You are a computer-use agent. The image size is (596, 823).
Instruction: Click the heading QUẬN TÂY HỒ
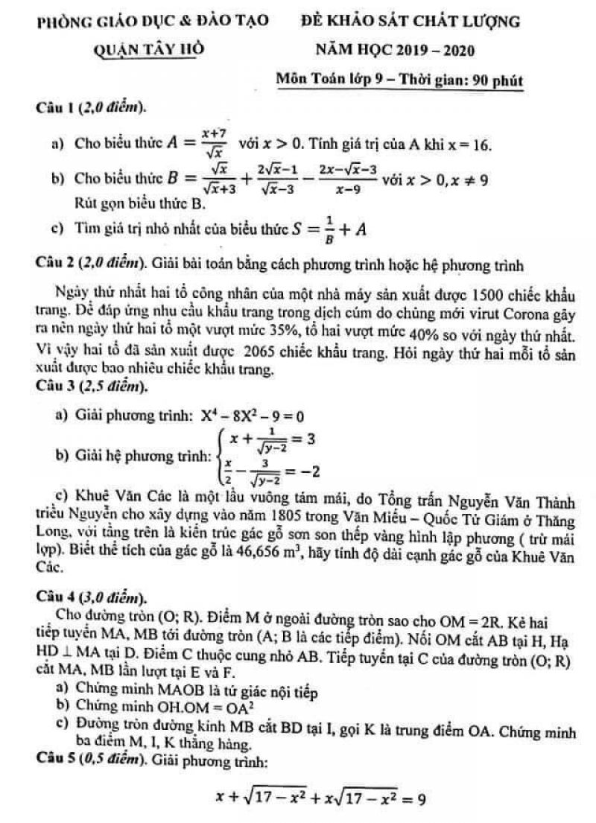(x=149, y=50)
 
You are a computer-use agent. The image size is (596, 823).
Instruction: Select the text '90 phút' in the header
(x=492, y=78)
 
